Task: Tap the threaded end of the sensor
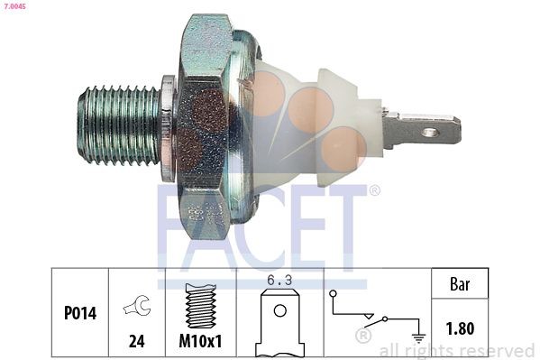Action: (118, 125)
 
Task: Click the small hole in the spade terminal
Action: (431, 132)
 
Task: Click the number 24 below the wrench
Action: (137, 344)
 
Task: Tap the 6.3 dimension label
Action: (279, 281)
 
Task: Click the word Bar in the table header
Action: (461, 283)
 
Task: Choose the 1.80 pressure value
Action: (461, 328)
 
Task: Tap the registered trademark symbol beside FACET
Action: (374, 190)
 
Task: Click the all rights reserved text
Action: (456, 350)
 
